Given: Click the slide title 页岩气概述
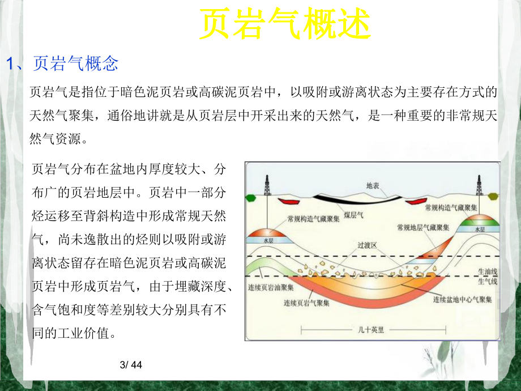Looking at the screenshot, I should [x=285, y=25].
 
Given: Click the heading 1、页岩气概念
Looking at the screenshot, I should [x=62, y=63].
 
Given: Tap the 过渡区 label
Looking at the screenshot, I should [x=368, y=246].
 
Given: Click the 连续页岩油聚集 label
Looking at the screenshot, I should [x=270, y=287].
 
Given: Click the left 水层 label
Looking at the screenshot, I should [x=268, y=240].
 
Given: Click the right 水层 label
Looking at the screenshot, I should [x=479, y=229].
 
